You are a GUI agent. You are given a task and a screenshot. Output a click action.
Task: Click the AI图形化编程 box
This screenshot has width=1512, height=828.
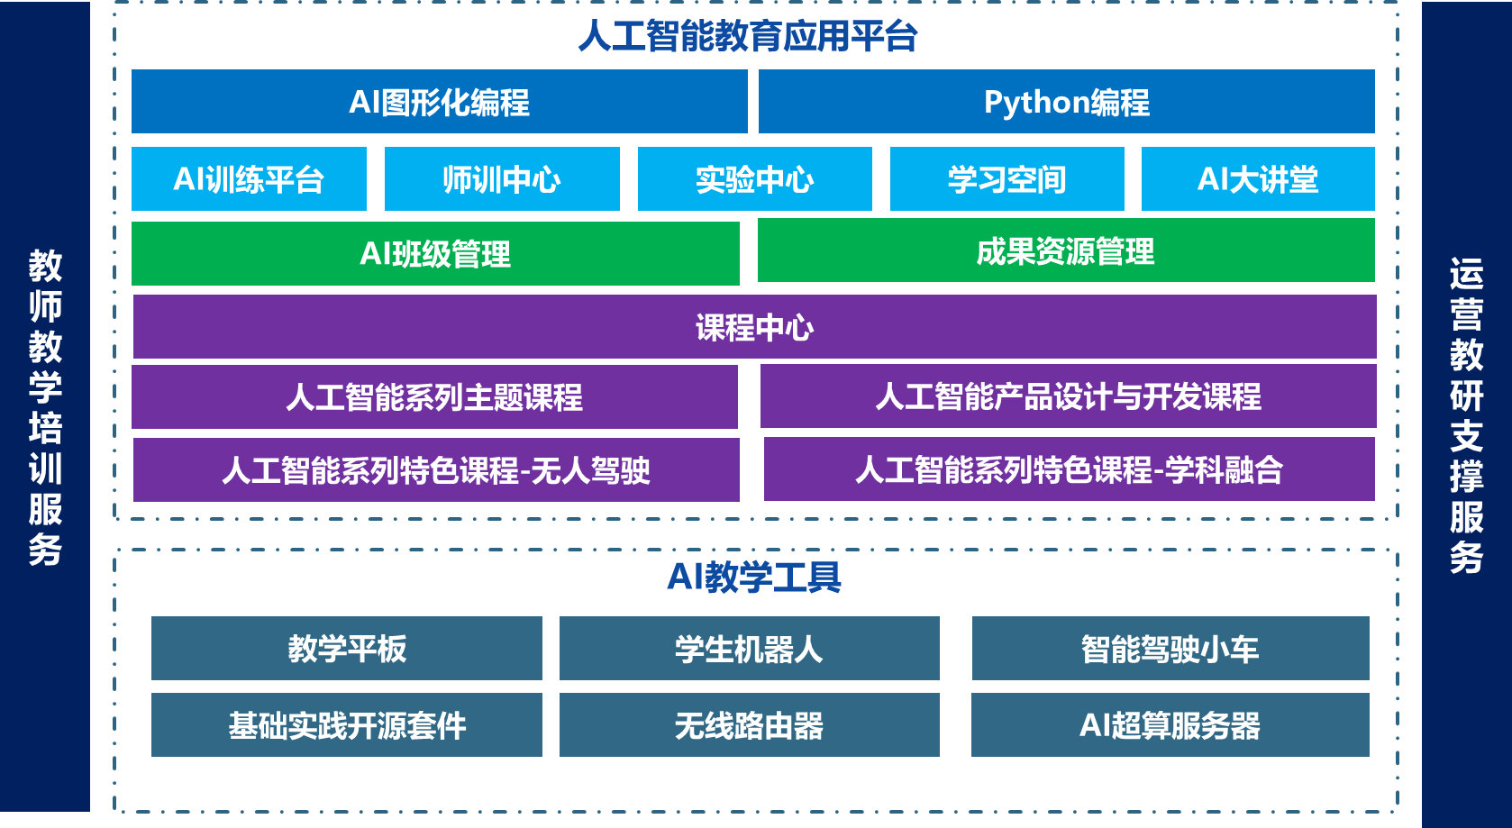[x=440, y=101]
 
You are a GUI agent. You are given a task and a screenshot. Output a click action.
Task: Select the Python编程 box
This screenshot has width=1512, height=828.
[x=1067, y=101]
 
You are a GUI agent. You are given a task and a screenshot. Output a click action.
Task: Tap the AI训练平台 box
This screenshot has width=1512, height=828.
[x=249, y=178]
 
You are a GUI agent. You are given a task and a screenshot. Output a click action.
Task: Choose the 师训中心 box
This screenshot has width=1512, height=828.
[x=502, y=178]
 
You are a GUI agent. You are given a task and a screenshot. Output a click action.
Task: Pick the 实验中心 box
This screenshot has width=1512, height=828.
[x=755, y=178]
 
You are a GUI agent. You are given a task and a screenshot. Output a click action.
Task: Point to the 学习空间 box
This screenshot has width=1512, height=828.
[x=1007, y=178]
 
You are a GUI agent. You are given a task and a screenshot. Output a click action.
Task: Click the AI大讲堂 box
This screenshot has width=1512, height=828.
[x=1258, y=178]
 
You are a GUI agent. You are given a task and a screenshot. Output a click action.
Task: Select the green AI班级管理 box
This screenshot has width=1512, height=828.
[x=435, y=254]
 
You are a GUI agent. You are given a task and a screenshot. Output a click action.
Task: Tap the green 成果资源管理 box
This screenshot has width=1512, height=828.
[x=1067, y=250]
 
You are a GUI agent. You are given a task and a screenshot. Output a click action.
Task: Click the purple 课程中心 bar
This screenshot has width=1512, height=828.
[x=755, y=327]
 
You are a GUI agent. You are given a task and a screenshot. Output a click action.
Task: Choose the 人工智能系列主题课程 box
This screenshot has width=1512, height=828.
[x=434, y=396]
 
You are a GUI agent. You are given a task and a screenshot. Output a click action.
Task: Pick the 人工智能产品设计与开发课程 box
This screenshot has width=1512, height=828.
[x=1069, y=396]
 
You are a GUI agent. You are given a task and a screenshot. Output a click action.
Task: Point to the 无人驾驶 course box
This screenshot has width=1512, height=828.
[x=436, y=469]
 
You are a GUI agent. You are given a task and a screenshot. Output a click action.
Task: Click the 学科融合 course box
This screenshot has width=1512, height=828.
[x=1070, y=469]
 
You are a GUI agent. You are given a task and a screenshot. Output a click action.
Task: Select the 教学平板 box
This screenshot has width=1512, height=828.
[x=347, y=649]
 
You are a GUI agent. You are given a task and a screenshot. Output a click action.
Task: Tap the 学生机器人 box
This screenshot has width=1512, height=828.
[x=750, y=649]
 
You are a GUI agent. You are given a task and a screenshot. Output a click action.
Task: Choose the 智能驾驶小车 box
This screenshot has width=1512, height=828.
[x=1170, y=649]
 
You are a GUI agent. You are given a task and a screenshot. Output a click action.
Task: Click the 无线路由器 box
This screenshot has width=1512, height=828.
[x=750, y=724]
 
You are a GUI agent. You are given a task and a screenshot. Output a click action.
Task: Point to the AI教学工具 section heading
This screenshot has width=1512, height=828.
[x=754, y=578]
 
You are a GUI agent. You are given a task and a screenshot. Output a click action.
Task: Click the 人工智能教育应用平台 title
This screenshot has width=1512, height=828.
[x=748, y=35]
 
